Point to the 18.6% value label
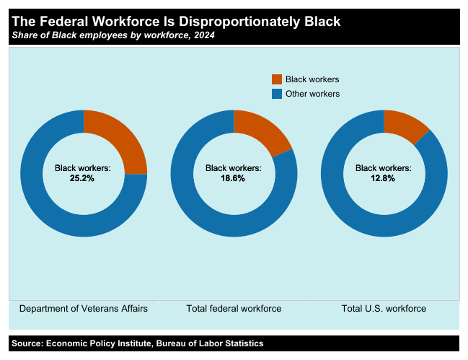point(233,178)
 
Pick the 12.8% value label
point(383,178)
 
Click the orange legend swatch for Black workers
point(277,79)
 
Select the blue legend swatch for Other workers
point(277,94)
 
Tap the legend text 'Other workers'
point(312,94)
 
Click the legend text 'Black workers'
point(312,79)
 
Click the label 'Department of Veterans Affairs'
point(84,309)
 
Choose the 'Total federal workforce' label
point(234,309)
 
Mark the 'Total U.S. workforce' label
point(384,309)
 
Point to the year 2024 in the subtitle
point(203,35)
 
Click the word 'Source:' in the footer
point(27,343)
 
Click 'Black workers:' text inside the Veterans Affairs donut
point(83,168)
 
